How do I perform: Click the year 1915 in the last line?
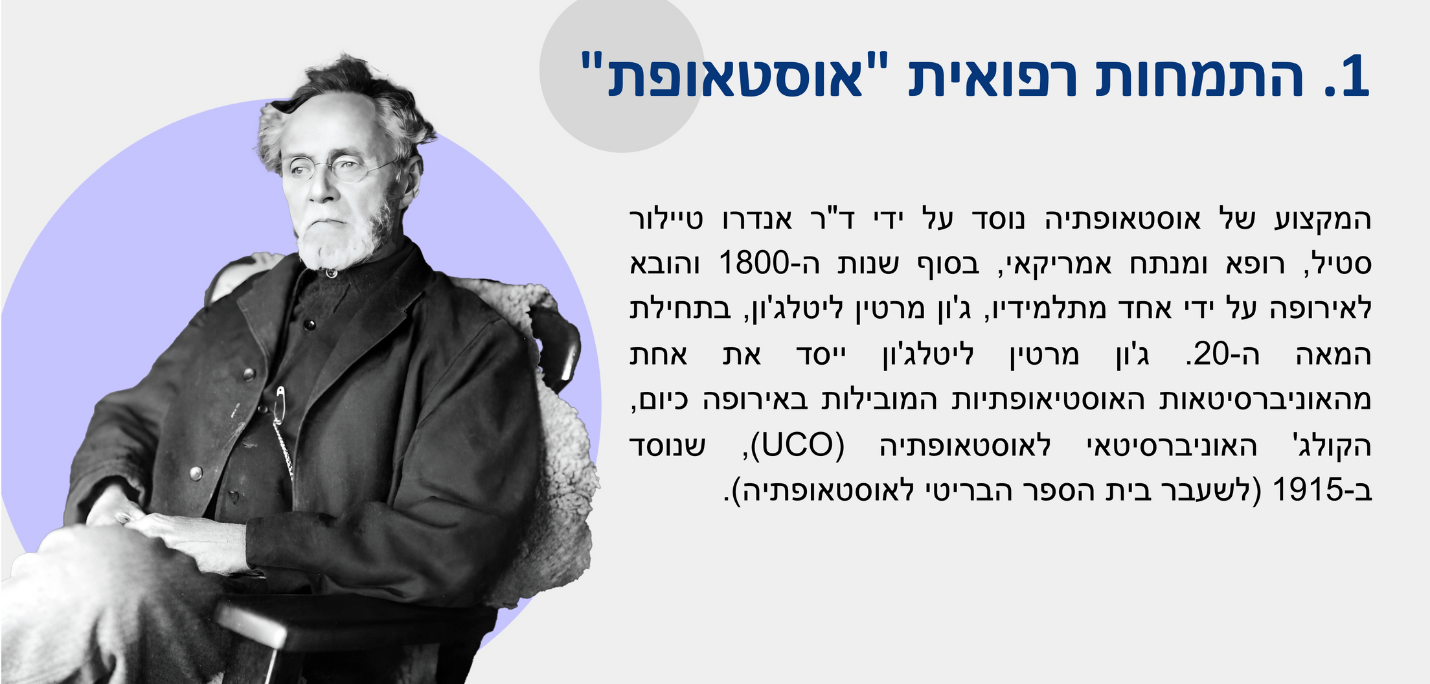(1304, 491)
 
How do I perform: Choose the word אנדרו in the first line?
(757, 219)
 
